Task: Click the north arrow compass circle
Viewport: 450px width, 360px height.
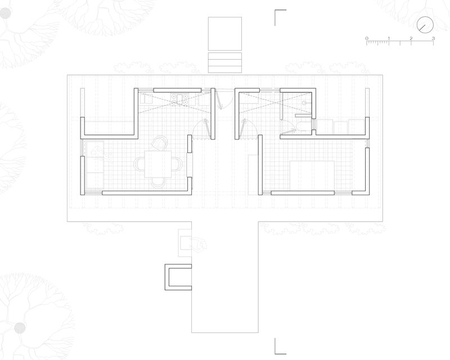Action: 425,25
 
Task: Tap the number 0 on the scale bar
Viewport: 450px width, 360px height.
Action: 367,38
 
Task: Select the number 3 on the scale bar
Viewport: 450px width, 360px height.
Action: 433,38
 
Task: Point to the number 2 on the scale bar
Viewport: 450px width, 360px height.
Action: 411,38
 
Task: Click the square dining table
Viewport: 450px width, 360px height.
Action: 158,164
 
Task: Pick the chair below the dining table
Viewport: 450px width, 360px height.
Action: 158,183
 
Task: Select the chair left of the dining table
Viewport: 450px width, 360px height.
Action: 139,164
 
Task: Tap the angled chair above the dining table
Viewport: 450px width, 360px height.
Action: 159,143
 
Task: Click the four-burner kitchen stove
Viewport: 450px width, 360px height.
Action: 180,99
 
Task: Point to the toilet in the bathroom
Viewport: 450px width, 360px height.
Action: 303,127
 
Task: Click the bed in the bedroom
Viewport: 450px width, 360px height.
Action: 312,175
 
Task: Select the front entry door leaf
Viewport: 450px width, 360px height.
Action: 219,100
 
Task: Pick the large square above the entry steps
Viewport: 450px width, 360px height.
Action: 224,34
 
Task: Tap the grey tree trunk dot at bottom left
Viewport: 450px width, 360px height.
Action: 20,328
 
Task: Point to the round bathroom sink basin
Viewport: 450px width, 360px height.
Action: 304,103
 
